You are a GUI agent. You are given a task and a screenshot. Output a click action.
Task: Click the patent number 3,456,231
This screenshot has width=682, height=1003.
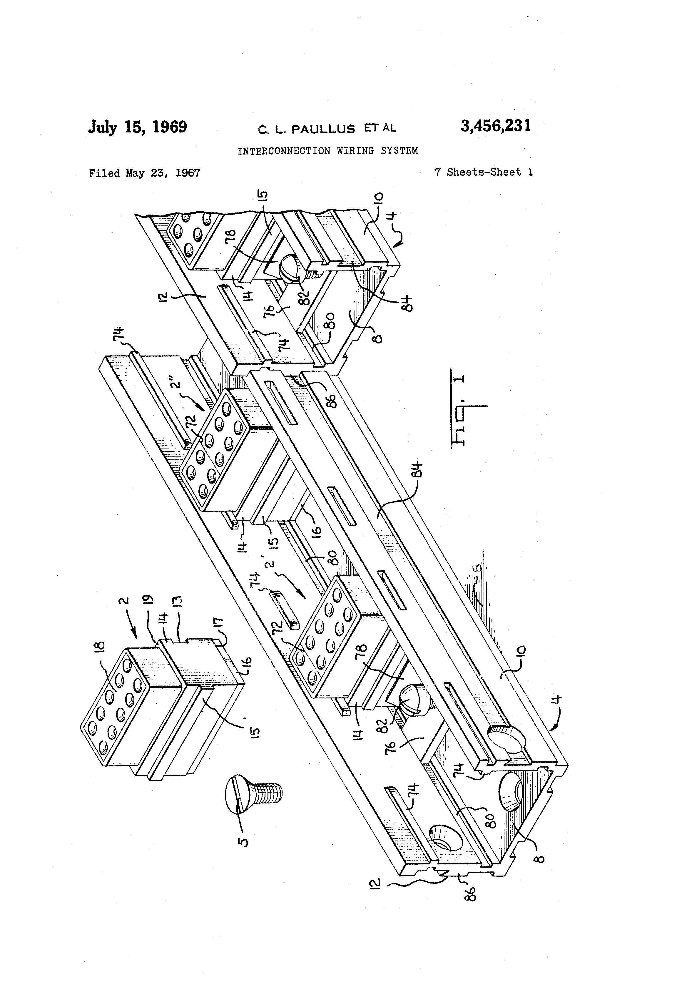495,126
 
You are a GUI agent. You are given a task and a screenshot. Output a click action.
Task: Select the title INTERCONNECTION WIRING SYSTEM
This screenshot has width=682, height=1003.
327,151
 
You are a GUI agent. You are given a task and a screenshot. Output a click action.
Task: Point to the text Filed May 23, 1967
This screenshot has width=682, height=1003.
144,173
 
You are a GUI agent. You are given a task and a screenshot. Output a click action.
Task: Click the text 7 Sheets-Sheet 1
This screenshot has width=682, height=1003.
483,172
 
